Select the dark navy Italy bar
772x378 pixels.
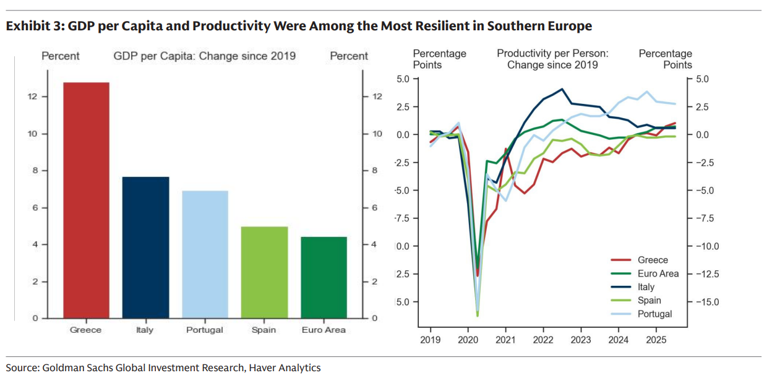click(145, 247)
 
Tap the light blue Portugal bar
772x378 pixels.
click(205, 254)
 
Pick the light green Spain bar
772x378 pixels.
click(264, 272)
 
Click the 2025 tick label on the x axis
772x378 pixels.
click(656, 340)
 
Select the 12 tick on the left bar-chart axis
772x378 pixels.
click(33, 97)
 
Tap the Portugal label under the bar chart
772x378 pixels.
click(205, 330)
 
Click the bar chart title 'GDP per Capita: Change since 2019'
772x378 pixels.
click(204, 56)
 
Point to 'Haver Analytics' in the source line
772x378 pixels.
click(285, 367)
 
